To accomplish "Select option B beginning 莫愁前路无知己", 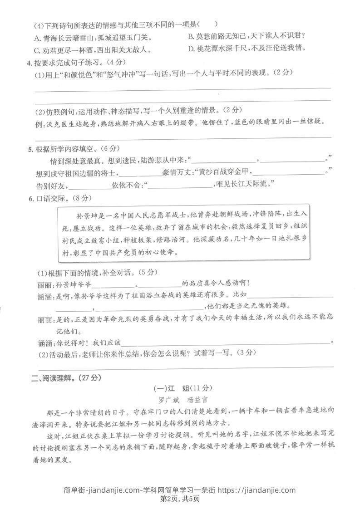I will (191, 36).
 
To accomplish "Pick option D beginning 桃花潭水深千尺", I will (191, 49).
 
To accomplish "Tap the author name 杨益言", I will (197, 400).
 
